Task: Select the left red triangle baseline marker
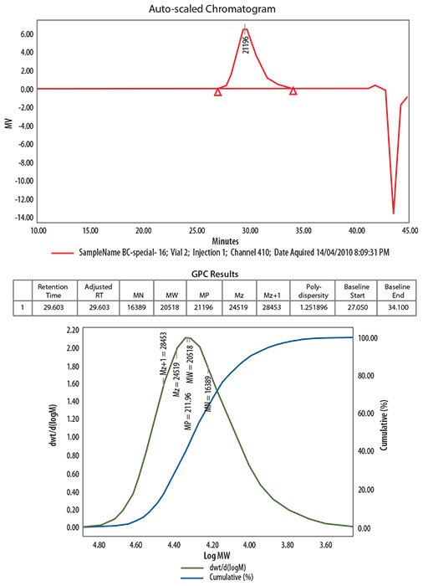click(218, 91)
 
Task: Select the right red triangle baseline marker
click(293, 91)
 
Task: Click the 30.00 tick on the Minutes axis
click(249, 229)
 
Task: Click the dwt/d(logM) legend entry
click(227, 568)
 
